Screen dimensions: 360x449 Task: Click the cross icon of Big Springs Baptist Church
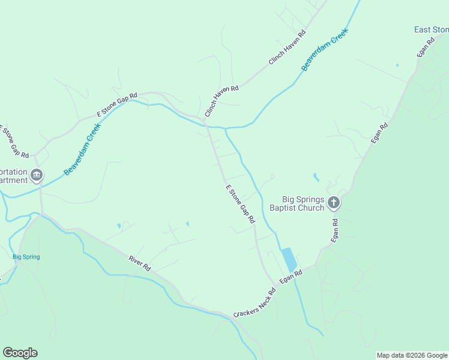pos(334,204)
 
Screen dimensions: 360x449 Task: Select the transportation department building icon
pos(37,175)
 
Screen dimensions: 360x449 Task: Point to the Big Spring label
pos(26,257)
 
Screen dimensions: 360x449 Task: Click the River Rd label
pos(139,263)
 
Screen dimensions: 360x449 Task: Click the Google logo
pos(20,353)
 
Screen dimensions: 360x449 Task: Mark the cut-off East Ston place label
pos(432,29)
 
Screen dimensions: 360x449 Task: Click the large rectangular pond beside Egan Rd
pos(289,259)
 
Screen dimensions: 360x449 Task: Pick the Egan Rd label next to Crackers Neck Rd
pos(291,277)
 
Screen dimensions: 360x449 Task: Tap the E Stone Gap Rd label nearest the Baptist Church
pos(241,205)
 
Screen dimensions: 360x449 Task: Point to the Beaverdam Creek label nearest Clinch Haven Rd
pos(325,51)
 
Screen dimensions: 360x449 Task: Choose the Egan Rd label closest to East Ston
pos(426,48)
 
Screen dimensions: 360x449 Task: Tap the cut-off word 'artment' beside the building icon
pos(14,180)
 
